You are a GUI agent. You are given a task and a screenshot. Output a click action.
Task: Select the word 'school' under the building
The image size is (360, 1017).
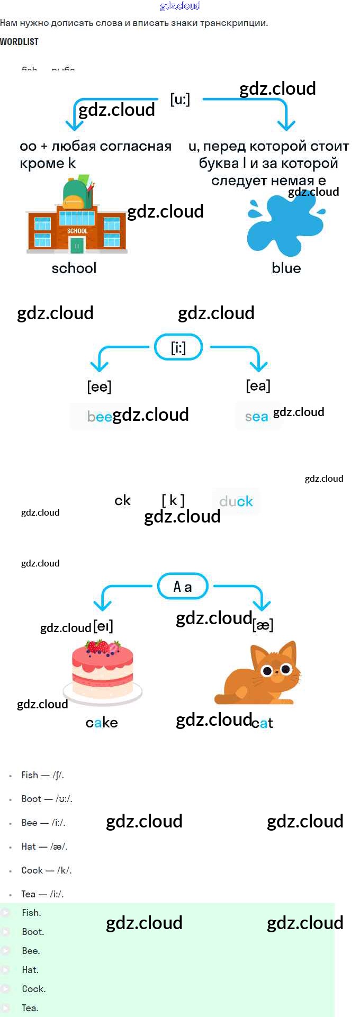74,268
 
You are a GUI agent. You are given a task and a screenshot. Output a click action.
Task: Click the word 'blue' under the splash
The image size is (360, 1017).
286,268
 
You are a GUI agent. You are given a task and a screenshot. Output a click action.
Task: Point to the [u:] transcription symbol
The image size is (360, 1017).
180,99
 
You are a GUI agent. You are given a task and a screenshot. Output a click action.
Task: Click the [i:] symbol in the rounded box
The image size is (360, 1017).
178,348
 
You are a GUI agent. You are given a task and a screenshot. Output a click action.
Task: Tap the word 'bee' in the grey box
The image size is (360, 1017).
100,417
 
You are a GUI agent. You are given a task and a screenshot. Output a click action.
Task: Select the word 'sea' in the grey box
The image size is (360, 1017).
257,417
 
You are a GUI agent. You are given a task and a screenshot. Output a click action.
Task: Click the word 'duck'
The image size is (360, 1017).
236,501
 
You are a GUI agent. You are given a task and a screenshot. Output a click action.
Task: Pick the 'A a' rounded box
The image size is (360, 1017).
183,587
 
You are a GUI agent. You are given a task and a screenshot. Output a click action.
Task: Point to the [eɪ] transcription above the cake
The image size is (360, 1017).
103,627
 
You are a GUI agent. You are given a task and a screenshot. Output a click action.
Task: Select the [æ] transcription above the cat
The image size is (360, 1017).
263,625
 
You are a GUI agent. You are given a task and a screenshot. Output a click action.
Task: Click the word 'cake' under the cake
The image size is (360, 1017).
102,723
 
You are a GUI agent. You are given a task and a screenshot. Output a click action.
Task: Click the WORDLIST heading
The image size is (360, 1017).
19,41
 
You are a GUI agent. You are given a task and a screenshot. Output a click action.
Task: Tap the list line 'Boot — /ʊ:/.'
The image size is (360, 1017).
47,799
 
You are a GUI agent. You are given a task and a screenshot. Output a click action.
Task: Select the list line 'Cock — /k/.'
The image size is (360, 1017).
46,870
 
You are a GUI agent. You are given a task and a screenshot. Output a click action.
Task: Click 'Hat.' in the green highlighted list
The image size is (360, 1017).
30,970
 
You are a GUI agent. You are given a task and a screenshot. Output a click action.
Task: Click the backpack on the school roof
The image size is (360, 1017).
77,193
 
